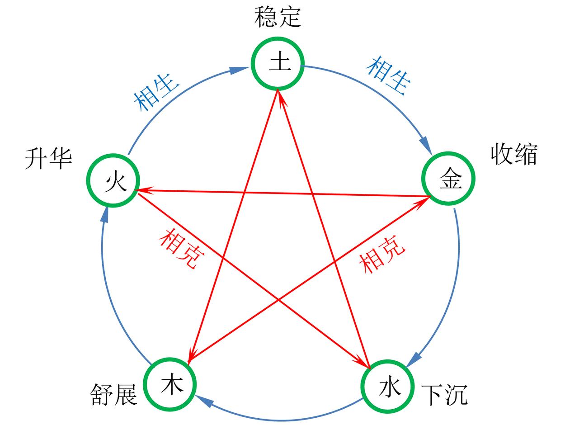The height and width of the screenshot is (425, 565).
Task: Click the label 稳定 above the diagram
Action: [x=278, y=17]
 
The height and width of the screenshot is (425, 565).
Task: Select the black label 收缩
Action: [x=514, y=155]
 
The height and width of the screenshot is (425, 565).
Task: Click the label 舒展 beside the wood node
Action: [x=114, y=394]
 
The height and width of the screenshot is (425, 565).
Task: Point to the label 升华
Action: [x=48, y=159]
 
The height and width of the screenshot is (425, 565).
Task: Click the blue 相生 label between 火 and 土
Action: [x=156, y=92]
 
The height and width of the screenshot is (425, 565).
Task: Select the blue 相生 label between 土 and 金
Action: [x=388, y=76]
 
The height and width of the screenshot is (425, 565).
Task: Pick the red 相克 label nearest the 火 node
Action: [x=182, y=248]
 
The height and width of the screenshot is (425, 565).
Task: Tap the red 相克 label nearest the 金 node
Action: [x=382, y=255]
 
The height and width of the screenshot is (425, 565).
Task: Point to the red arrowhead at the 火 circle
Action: [x=144, y=190]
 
